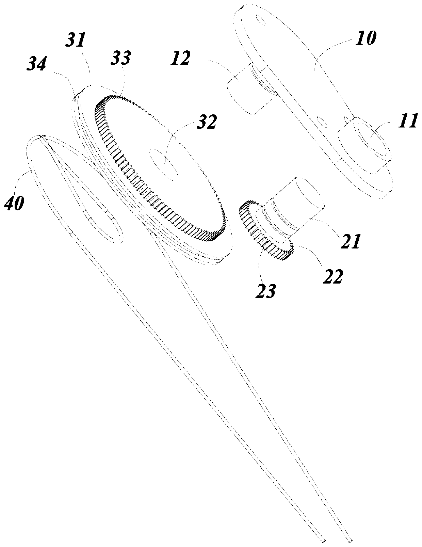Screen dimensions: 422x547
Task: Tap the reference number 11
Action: (x=408, y=121)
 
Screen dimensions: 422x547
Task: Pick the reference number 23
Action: (x=266, y=291)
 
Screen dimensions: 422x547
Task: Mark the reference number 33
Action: (x=121, y=59)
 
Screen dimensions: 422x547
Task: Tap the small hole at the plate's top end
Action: (x=261, y=20)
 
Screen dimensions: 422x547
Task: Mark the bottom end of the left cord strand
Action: (x=323, y=540)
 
